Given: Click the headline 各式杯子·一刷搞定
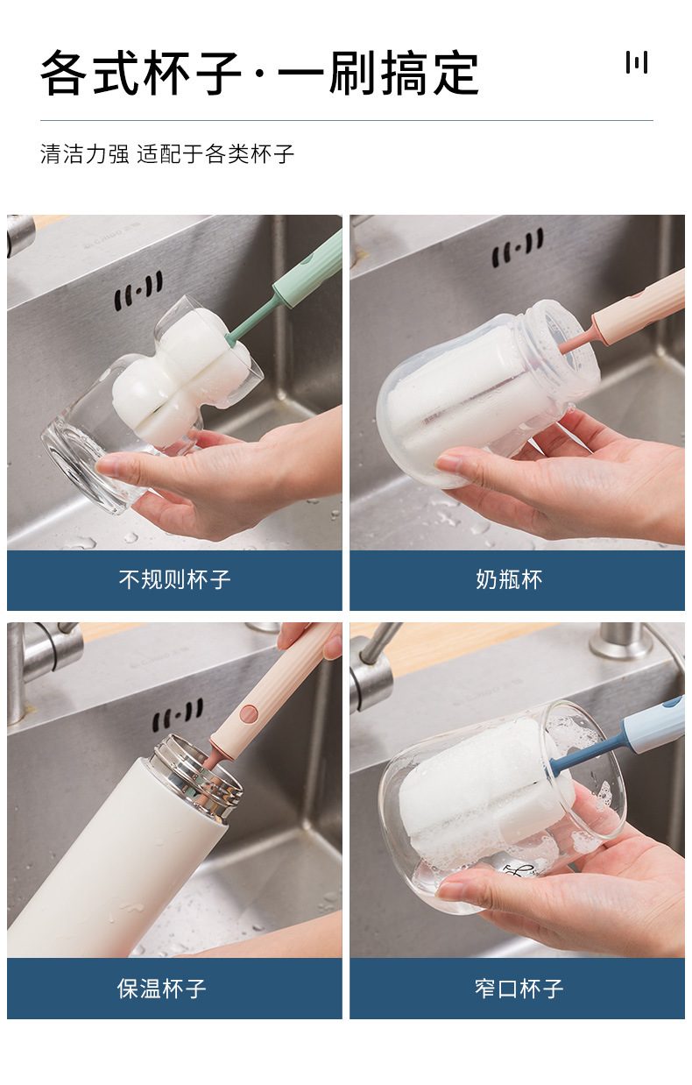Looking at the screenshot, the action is click(x=259, y=73).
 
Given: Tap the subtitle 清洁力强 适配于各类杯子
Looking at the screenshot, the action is click(x=167, y=154).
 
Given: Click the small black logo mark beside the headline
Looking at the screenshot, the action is click(x=636, y=62).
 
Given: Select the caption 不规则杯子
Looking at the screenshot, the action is click(x=174, y=579).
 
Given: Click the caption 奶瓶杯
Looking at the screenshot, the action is click(x=509, y=579).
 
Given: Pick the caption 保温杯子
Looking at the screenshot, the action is click(x=162, y=988).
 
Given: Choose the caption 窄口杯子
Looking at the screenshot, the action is click(x=519, y=988).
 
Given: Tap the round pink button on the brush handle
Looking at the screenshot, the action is click(x=249, y=713).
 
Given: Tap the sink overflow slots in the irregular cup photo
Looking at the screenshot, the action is click(x=138, y=290).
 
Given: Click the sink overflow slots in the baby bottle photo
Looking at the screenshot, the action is click(x=518, y=247).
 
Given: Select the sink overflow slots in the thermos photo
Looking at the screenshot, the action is click(x=178, y=715).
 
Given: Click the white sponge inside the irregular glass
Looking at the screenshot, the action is click(x=180, y=375).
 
